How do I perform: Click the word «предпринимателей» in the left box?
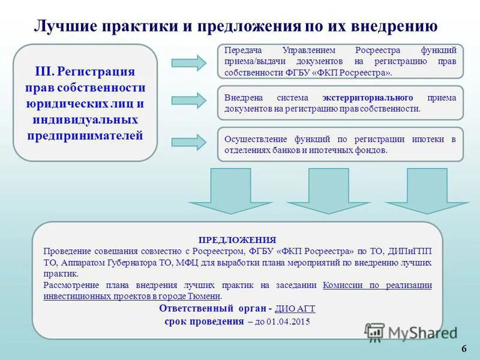click(85, 135)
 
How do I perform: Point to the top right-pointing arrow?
click(188, 62)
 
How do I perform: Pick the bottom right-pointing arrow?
click(188, 142)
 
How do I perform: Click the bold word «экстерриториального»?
click(367, 97)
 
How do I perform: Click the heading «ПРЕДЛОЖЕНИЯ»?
click(237, 239)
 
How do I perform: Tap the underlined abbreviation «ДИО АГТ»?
click(295, 308)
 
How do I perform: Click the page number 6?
click(464, 350)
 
